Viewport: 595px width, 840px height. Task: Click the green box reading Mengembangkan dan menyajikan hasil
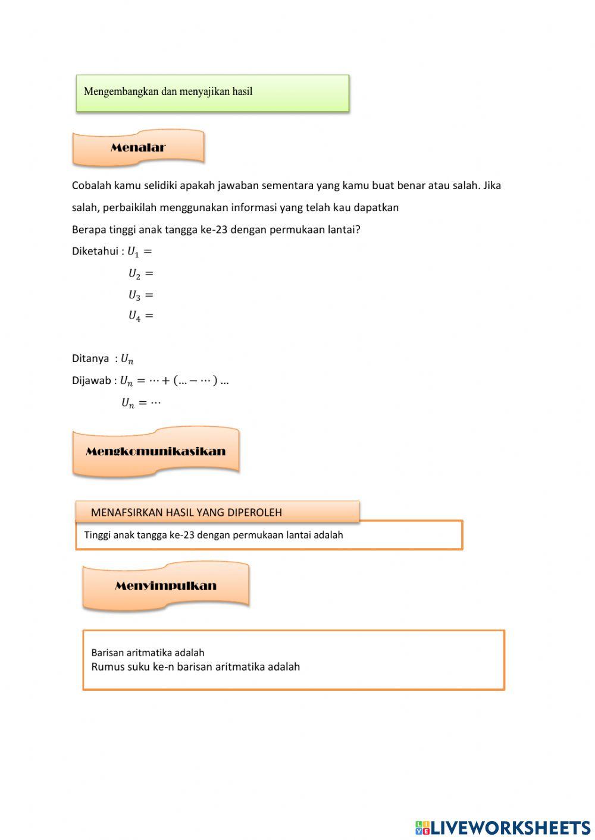212,93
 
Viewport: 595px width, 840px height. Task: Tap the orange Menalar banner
138,147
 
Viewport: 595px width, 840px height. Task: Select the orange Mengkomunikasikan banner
155,451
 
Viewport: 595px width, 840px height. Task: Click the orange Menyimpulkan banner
165,586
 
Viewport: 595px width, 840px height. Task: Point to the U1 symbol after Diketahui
133,252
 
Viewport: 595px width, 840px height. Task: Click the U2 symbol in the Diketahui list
134,274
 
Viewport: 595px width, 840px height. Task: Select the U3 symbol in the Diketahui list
134,295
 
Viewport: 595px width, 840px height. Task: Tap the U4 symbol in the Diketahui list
134,316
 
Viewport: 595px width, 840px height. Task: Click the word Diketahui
95,251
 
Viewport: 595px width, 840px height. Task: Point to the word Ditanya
90,358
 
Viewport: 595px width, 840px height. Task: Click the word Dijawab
92,380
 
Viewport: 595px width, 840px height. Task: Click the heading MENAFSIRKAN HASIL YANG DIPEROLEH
186,512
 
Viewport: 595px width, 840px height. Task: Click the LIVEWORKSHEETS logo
503,827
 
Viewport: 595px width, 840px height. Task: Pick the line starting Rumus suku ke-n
195,667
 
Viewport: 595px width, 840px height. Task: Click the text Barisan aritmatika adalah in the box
148,653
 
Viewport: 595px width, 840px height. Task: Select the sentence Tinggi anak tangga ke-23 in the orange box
214,535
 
